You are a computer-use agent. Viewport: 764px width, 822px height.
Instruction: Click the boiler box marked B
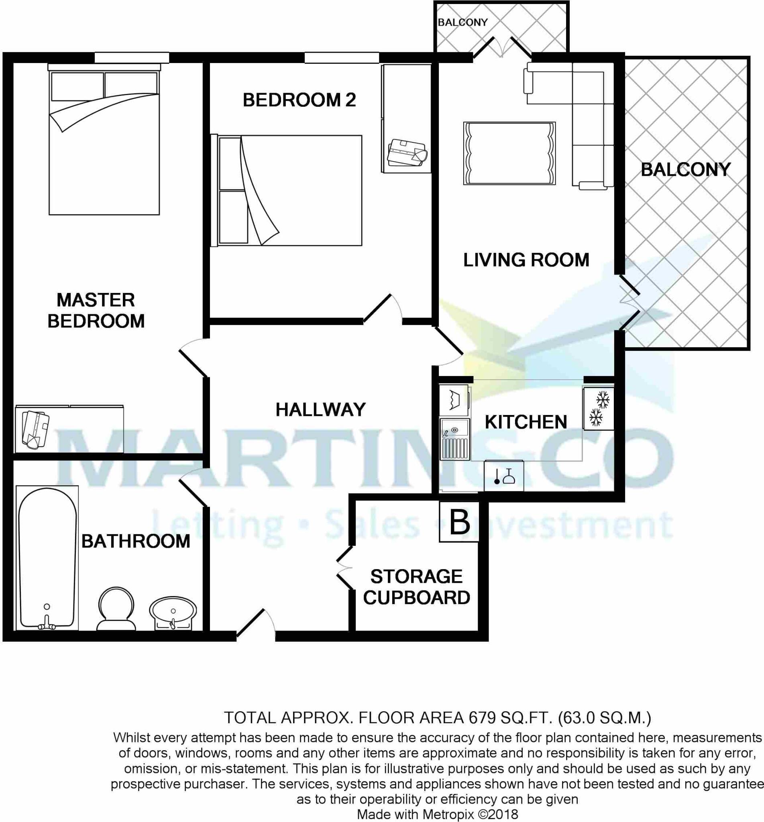tap(459, 521)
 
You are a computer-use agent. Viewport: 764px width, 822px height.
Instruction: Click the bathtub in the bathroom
tap(47, 557)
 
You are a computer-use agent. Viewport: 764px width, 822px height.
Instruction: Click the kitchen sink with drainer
tap(455, 439)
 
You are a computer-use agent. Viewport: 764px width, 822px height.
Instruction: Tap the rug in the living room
tap(509, 153)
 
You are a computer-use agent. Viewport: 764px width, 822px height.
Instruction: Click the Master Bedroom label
tap(96, 310)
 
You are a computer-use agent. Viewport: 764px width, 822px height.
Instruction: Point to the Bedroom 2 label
tap(299, 100)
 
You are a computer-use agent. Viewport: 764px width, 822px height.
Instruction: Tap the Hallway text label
tap(320, 409)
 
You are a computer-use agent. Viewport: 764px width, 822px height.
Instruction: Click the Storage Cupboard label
tap(416, 587)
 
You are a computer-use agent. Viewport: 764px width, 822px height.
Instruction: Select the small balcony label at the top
tap(462, 22)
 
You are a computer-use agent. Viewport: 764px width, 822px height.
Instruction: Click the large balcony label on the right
tap(685, 169)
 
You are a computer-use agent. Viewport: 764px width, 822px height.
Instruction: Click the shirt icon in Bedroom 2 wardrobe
tap(407, 153)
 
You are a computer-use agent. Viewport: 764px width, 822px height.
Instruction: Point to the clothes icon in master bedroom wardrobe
tap(36, 429)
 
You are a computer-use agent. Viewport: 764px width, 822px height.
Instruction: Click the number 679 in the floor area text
tap(482, 718)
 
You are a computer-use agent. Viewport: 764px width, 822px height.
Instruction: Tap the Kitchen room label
tap(526, 422)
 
